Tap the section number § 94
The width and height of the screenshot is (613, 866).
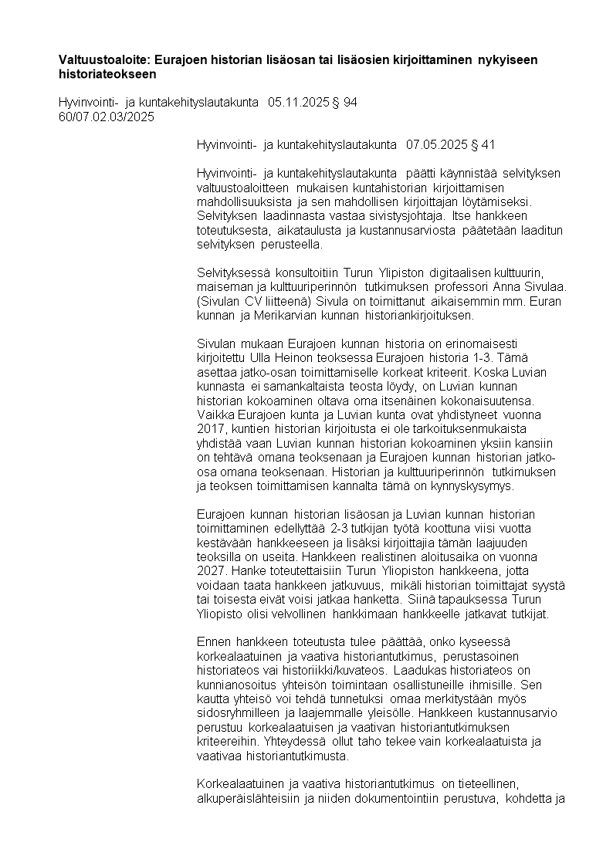344,103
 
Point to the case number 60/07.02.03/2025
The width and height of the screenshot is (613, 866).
107,117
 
